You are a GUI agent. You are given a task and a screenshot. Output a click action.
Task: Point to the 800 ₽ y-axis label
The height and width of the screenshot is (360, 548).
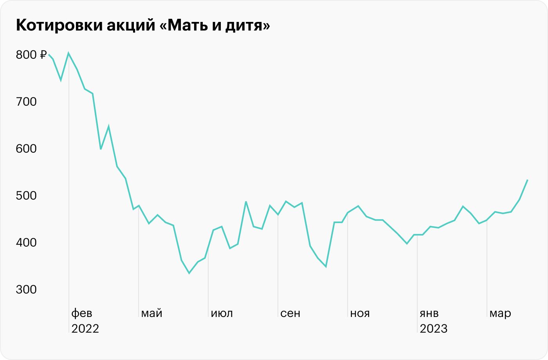(x=31, y=55)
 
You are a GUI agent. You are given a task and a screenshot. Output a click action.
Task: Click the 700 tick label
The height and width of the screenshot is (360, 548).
(x=26, y=102)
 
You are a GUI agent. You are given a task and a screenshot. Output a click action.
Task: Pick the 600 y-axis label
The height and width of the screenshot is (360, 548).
(x=26, y=149)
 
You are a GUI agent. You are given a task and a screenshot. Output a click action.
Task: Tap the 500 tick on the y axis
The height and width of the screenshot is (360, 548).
(x=26, y=196)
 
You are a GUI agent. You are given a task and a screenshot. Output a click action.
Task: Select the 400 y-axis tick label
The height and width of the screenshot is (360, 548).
(x=26, y=243)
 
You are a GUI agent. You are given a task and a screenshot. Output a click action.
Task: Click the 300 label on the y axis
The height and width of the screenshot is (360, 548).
(x=26, y=290)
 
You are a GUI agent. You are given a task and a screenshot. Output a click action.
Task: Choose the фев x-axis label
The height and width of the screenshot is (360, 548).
(x=81, y=314)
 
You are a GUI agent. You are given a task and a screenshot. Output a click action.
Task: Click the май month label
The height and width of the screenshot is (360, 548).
(x=152, y=314)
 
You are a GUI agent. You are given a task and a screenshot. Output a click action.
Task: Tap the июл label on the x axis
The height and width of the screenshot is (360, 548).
(x=222, y=314)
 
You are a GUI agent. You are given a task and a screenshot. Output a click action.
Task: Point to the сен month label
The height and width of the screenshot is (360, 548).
(x=290, y=314)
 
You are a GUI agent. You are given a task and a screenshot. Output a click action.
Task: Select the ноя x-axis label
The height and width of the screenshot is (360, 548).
(x=360, y=314)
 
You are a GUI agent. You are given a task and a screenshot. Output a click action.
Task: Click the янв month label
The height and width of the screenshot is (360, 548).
(x=429, y=314)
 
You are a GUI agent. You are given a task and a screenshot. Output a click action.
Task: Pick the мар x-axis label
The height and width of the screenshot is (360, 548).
(x=500, y=314)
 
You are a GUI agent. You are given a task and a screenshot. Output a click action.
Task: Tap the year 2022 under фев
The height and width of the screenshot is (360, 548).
(x=85, y=329)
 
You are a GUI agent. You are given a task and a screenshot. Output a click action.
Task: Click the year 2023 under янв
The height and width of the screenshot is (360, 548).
(x=434, y=329)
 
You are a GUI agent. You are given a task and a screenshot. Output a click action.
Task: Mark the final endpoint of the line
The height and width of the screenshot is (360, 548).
(x=528, y=180)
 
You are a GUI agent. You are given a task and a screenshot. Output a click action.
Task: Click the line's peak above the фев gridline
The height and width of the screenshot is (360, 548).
(x=69, y=53)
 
